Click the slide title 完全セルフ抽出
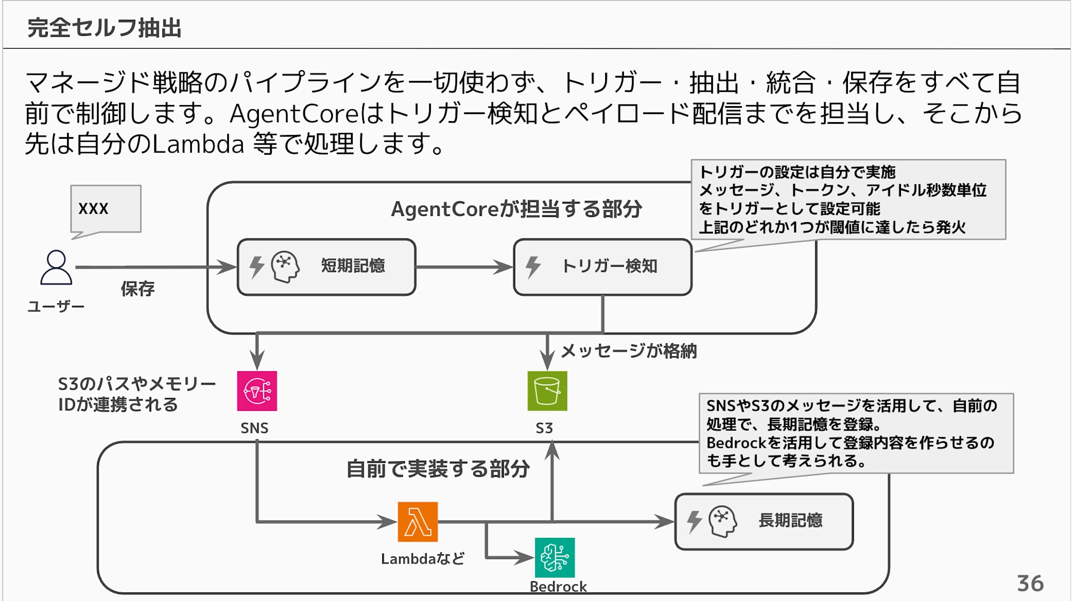tap(105, 28)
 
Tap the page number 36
tap(1030, 583)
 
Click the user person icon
tap(56, 267)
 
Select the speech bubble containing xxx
tap(106, 209)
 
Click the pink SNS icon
tap(257, 391)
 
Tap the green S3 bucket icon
tap(547, 391)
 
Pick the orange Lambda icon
tap(418, 522)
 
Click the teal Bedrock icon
tap(555, 558)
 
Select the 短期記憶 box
tap(326, 267)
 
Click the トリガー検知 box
tap(602, 267)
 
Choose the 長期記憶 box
tap(764, 521)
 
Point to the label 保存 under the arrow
tap(137, 289)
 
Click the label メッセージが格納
tap(628, 351)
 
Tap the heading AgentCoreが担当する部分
tap(516, 209)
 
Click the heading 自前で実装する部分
tap(438, 469)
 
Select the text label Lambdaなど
tap(422, 559)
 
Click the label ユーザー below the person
tap(56, 306)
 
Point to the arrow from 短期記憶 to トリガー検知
tap(464, 267)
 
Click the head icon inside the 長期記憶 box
tap(723, 521)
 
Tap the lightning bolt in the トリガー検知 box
tap(533, 267)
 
